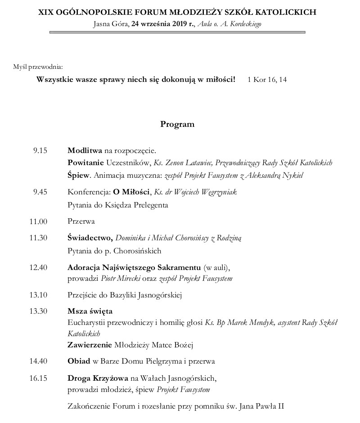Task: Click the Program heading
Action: pyautogui.click(x=177, y=125)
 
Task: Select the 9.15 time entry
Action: pyautogui.click(x=40, y=150)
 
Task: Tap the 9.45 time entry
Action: pyautogui.click(x=40, y=192)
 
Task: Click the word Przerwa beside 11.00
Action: pyautogui.click(x=81, y=221)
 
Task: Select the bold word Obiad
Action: pyautogui.click(x=79, y=361)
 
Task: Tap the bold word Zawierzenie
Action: pyautogui.click(x=90, y=345)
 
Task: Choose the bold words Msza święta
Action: pyautogui.click(x=90, y=311)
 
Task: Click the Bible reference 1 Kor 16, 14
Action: pyautogui.click(x=267, y=80)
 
